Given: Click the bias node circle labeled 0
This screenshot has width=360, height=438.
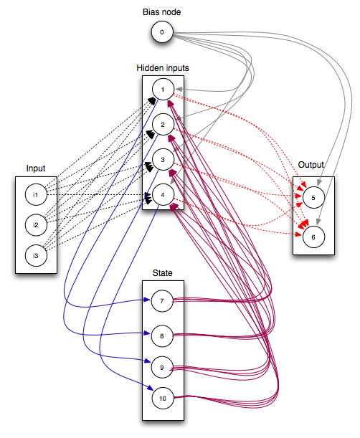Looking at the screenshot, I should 163,32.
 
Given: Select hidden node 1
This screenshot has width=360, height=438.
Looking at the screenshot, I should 163,90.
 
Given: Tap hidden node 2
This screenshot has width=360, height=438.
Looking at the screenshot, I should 163,125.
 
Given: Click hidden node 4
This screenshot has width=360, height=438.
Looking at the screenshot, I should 163,194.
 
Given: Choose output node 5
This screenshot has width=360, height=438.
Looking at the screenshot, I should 313,196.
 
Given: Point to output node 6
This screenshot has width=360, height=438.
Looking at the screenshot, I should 313,237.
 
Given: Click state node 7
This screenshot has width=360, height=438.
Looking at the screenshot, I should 162,301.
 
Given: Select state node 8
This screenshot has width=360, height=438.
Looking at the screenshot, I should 162,334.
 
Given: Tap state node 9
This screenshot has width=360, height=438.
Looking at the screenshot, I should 162,367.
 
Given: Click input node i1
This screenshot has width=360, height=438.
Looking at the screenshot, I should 35,194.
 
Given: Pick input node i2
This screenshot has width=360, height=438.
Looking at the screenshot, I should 35,224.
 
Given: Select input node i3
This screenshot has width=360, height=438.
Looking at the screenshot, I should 35,254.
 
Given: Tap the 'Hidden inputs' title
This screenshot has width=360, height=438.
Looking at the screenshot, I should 163,67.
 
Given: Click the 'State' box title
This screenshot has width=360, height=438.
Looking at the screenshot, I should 162,273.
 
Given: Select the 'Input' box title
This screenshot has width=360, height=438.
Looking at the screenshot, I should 36,168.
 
